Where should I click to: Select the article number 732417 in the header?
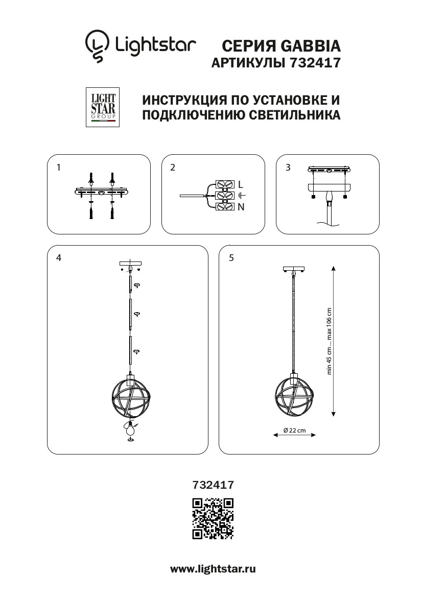(x=315, y=63)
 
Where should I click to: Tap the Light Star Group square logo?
(x=103, y=107)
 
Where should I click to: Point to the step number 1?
(x=58, y=168)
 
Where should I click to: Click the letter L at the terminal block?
(x=240, y=185)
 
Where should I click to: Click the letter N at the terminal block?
(x=241, y=207)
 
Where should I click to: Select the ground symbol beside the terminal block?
(x=242, y=196)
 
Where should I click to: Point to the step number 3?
(x=288, y=168)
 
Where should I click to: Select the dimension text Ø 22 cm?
(x=294, y=431)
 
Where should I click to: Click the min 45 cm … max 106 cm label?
(x=330, y=341)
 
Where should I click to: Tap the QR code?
(x=213, y=518)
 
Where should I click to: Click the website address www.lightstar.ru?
(x=213, y=569)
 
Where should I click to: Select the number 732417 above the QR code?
(x=213, y=485)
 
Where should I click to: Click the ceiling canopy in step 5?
(x=294, y=269)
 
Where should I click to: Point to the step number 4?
(x=59, y=258)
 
